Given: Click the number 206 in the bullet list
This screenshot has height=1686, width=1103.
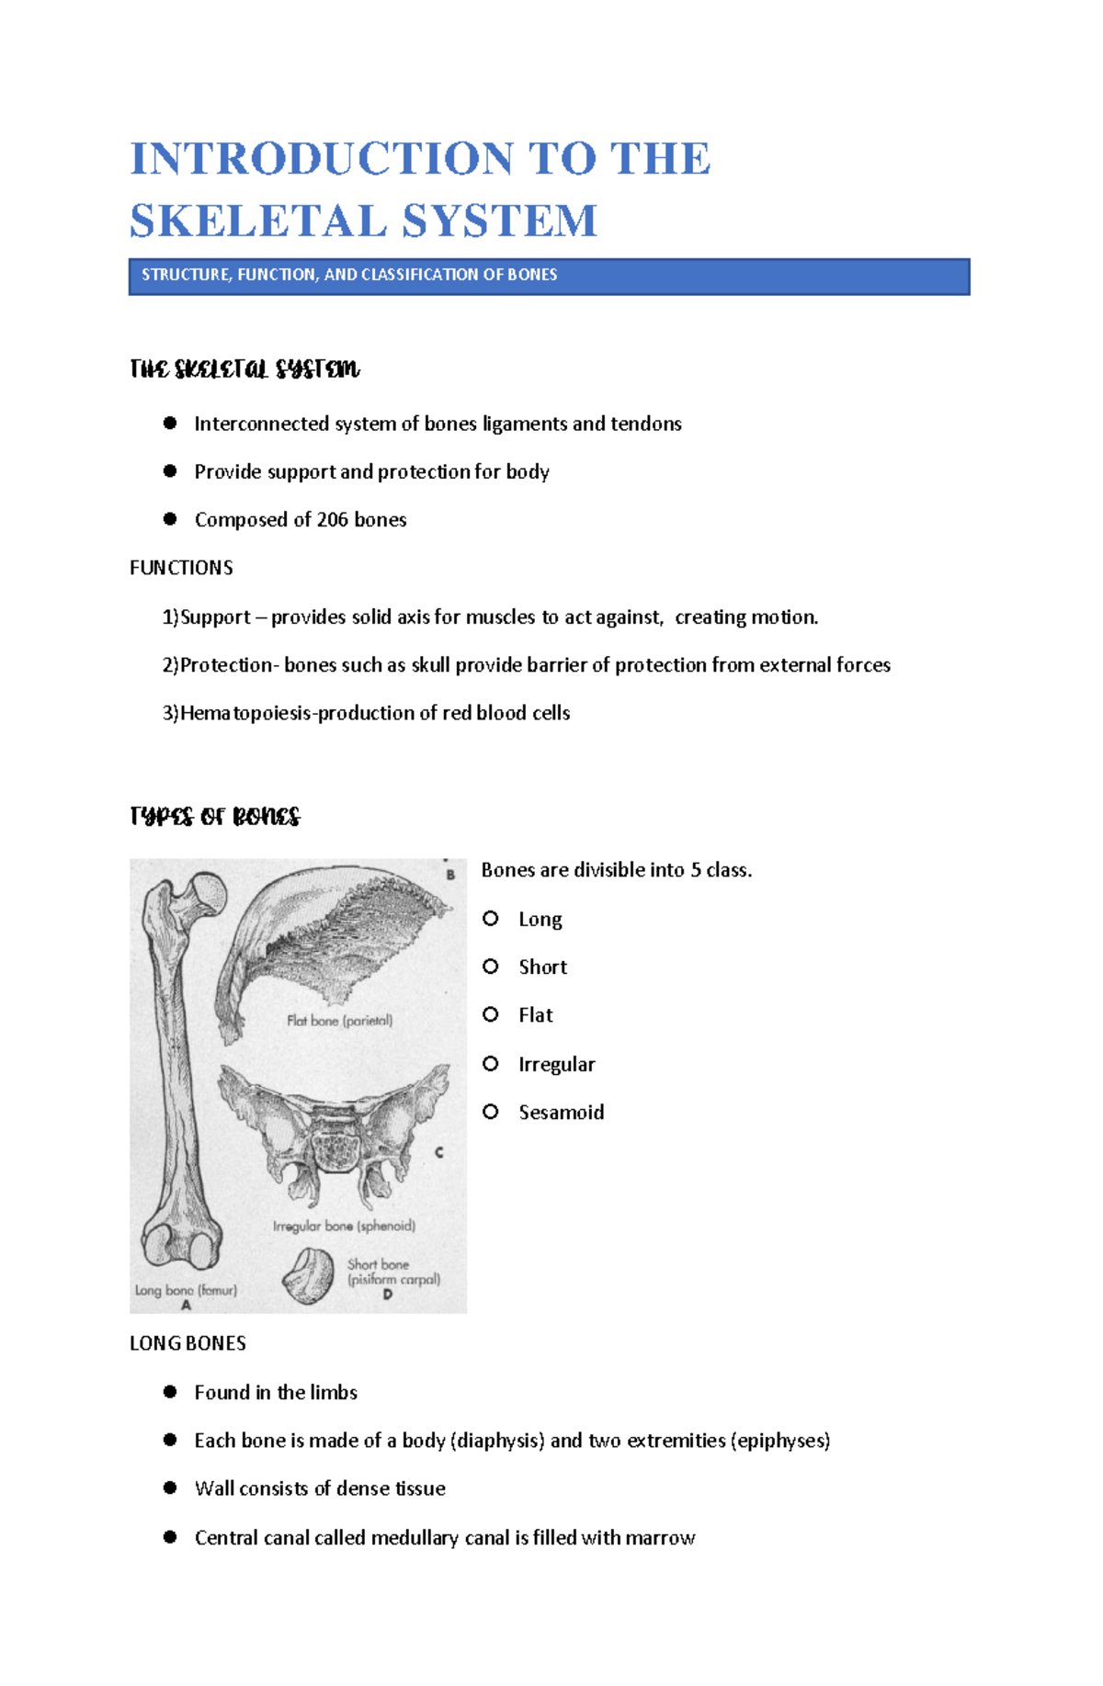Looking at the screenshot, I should tap(332, 520).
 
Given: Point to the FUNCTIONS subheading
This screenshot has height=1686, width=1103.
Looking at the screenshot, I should tap(181, 568).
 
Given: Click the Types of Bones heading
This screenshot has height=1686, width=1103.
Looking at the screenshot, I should tap(215, 817).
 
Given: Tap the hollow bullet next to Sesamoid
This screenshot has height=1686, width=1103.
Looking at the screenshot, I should tap(491, 1112).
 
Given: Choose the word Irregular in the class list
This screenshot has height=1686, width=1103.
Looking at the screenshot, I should tap(556, 1064).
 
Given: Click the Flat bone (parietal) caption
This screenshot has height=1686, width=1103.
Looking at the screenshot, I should tap(339, 1020).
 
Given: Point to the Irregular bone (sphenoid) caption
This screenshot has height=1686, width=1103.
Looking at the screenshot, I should tap(344, 1226).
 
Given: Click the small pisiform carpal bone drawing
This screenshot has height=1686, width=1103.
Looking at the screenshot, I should tap(309, 1275).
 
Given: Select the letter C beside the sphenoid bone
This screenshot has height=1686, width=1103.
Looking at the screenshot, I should tap(439, 1152).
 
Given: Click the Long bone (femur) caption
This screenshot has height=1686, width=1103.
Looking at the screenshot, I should tap(186, 1290).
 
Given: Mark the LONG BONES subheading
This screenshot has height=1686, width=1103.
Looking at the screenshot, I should tap(188, 1343).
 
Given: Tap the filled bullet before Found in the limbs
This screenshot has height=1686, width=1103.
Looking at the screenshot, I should tap(170, 1392).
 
